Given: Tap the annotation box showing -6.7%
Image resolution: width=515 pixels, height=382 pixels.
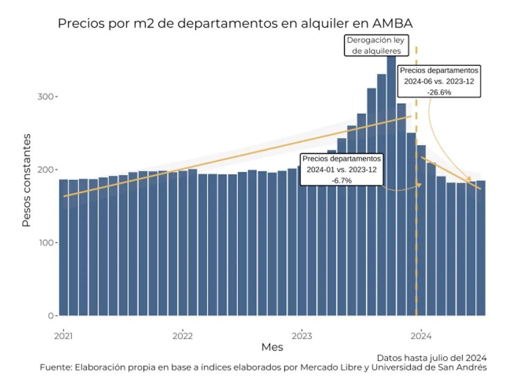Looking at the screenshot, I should [x=342, y=170].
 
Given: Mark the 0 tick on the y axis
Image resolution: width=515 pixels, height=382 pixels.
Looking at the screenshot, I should [x=50, y=316].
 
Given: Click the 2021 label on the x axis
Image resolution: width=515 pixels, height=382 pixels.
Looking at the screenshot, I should [x=64, y=335].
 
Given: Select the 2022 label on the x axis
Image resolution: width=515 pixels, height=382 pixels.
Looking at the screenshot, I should [x=183, y=335].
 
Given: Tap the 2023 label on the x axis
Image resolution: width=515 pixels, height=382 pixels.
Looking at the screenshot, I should [x=302, y=335].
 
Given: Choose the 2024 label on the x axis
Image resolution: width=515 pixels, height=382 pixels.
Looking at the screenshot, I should [x=421, y=335].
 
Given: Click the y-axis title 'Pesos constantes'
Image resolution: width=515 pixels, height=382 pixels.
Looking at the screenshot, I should [x=26, y=180].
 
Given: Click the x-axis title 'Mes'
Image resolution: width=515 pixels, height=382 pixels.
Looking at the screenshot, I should [x=272, y=348].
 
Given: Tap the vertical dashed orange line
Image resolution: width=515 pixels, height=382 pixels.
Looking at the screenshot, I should [x=416, y=239].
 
